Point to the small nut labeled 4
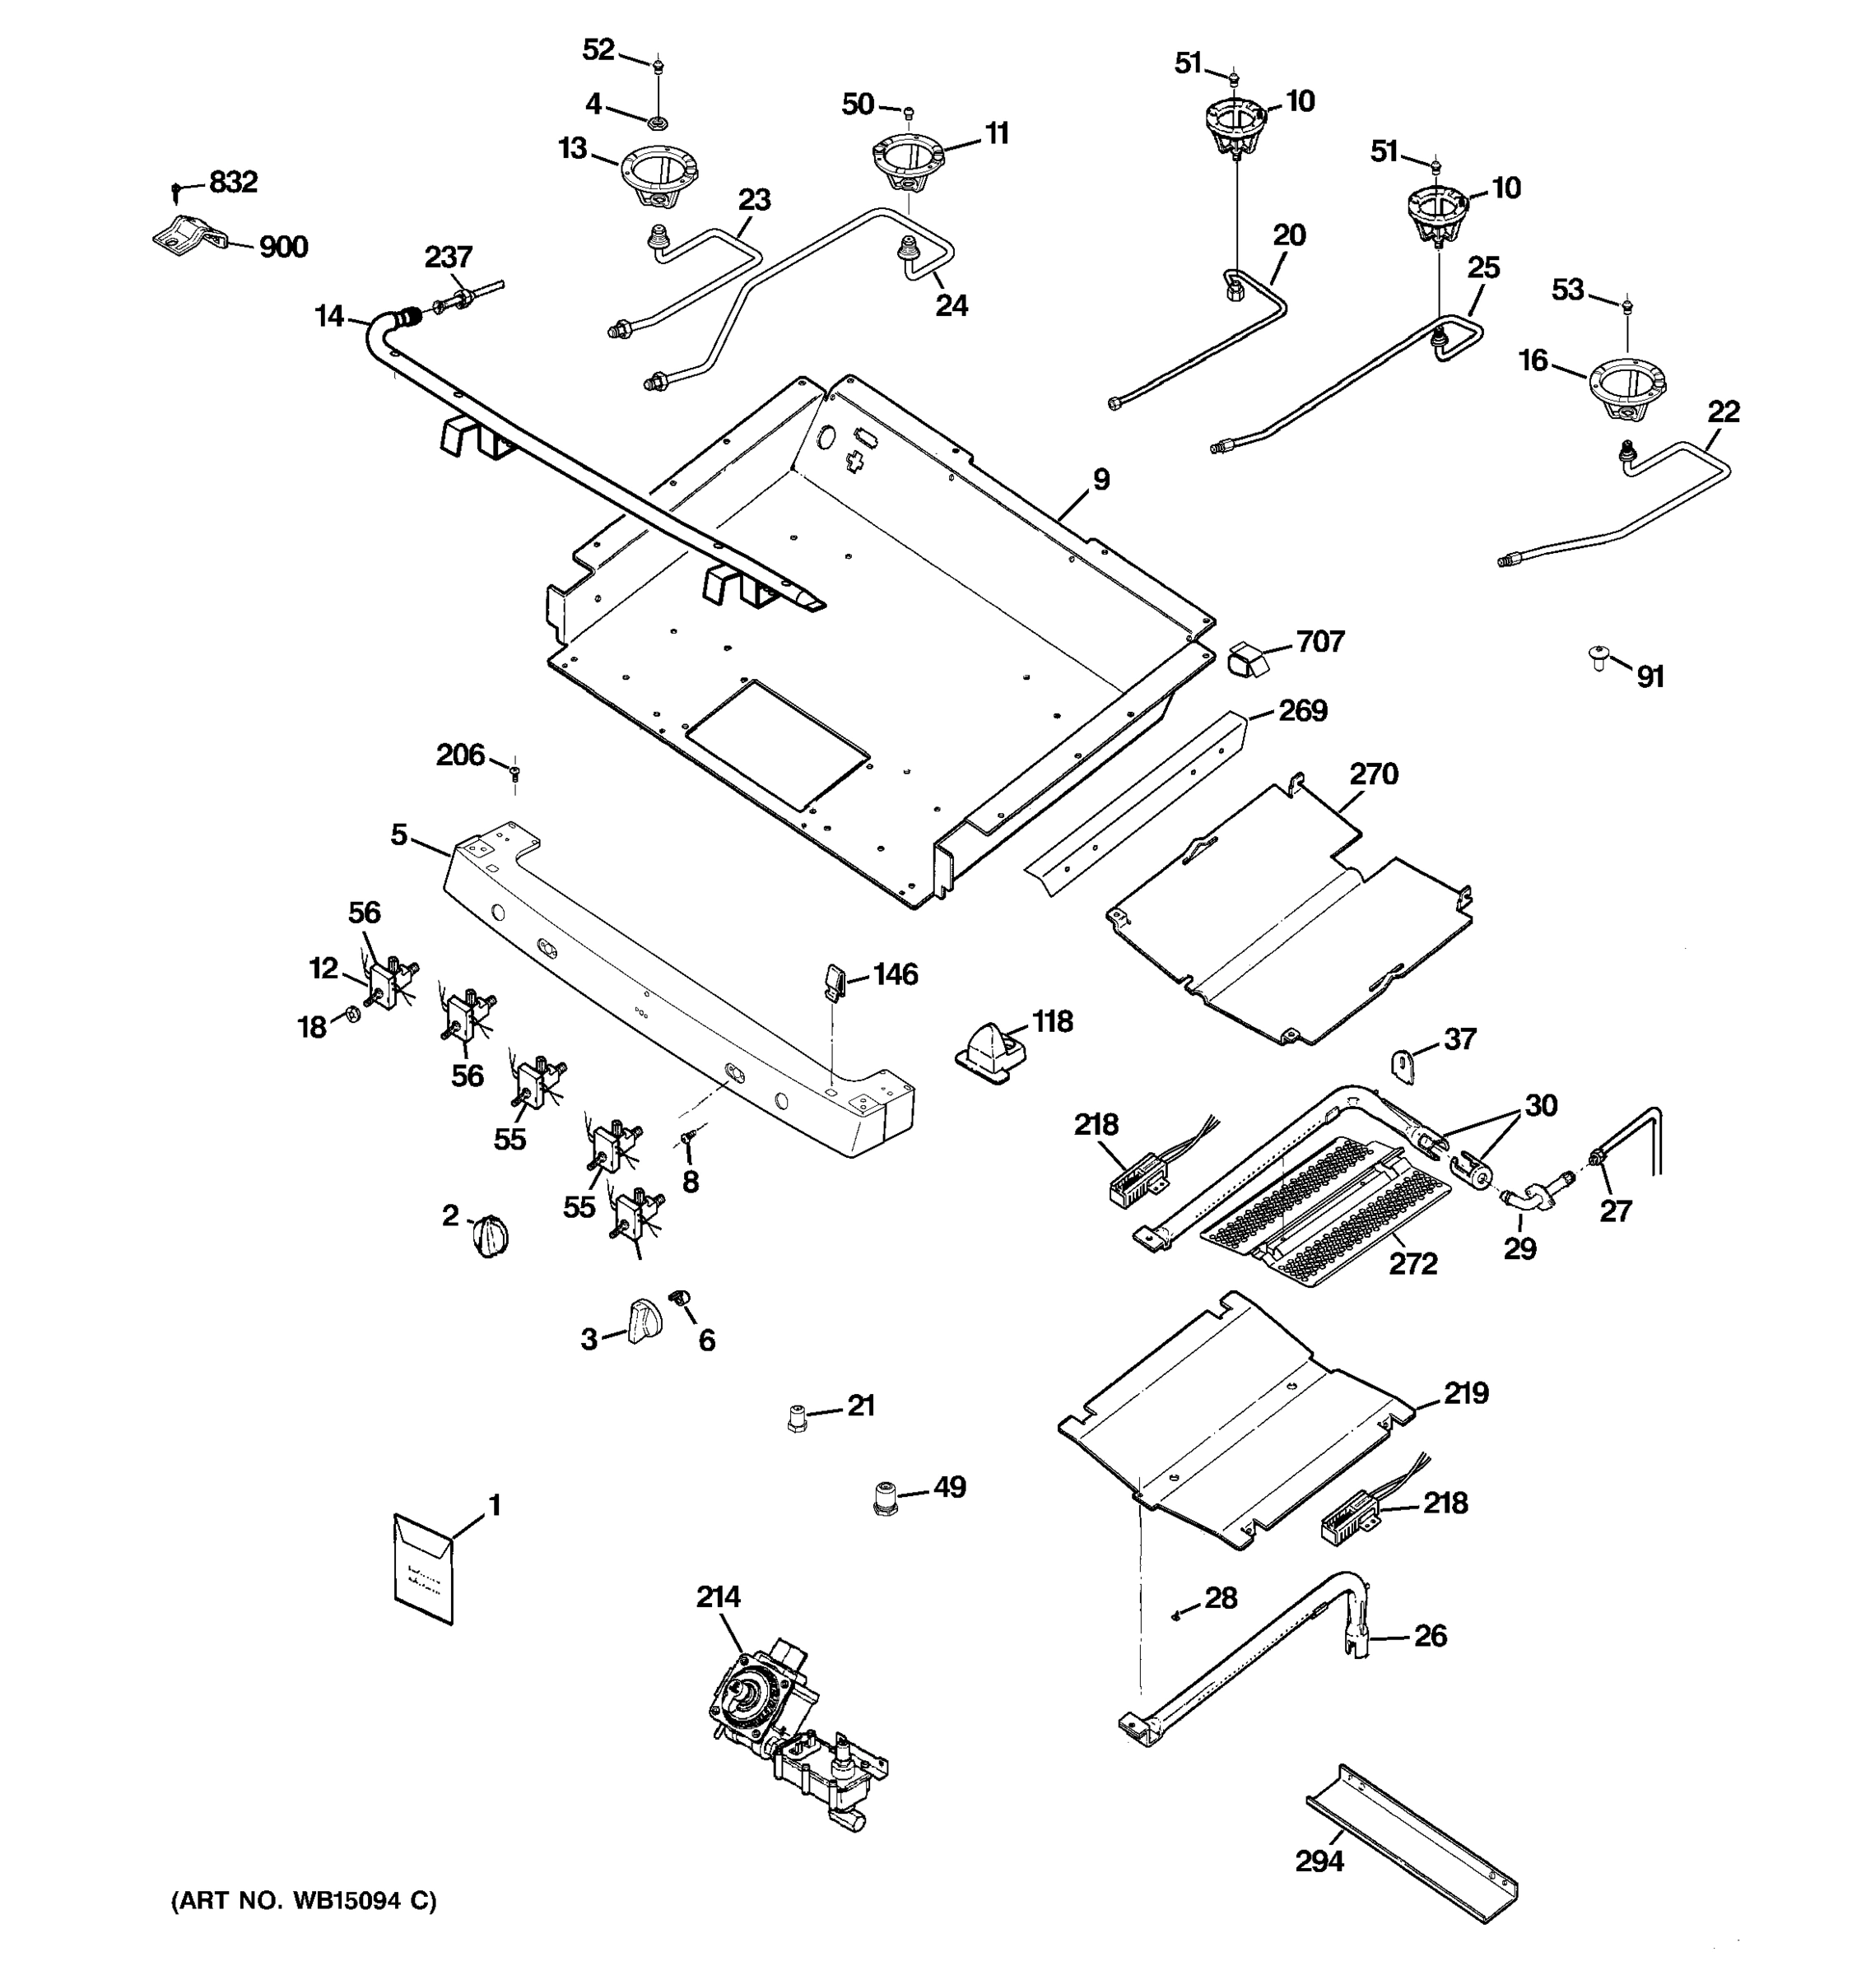pos(656,123)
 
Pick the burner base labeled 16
pos(1626,389)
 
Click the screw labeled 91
pos(1598,657)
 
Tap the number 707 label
pos(1319,642)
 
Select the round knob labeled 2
pos(491,1236)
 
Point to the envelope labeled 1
pos(424,1568)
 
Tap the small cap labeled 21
pos(796,1417)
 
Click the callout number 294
pos(1319,1860)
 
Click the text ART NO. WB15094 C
pos(304,1900)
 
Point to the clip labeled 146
pos(833,979)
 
